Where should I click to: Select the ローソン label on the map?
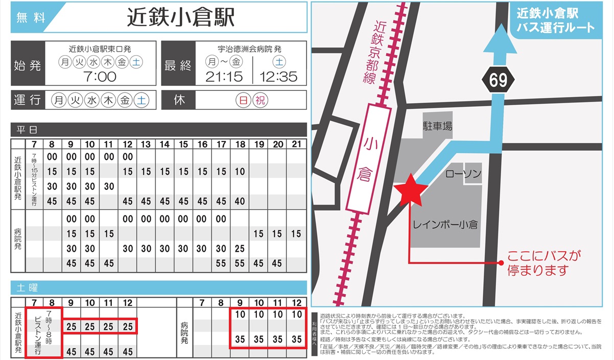coord(463,175)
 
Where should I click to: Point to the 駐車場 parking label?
coord(437,126)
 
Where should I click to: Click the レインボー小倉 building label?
coord(444,224)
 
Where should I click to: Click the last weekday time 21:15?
coord(224,77)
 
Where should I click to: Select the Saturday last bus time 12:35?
coord(278,77)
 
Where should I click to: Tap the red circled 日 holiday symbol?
coord(244,100)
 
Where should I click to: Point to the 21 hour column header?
coord(296,145)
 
